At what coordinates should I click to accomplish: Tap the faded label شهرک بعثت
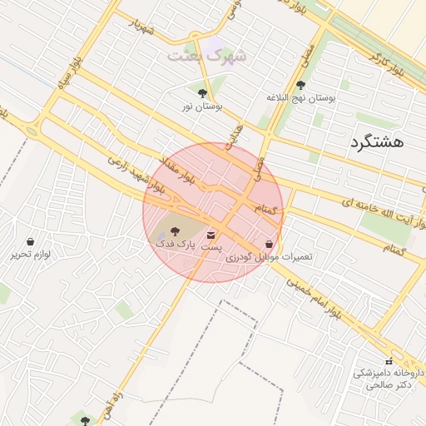[207, 56]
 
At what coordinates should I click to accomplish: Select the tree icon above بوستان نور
[202, 92]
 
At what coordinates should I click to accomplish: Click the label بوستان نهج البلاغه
[300, 98]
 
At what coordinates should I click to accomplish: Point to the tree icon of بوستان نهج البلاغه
[300, 84]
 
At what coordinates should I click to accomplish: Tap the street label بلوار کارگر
[386, 62]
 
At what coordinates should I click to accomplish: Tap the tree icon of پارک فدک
[174, 230]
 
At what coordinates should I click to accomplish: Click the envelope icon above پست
[211, 235]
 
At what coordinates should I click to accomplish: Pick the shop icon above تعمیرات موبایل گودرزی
[269, 245]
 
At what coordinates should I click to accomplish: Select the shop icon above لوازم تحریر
[31, 241]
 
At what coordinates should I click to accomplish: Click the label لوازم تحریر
[32, 254]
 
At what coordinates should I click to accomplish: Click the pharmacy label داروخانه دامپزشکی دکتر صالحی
[389, 379]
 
